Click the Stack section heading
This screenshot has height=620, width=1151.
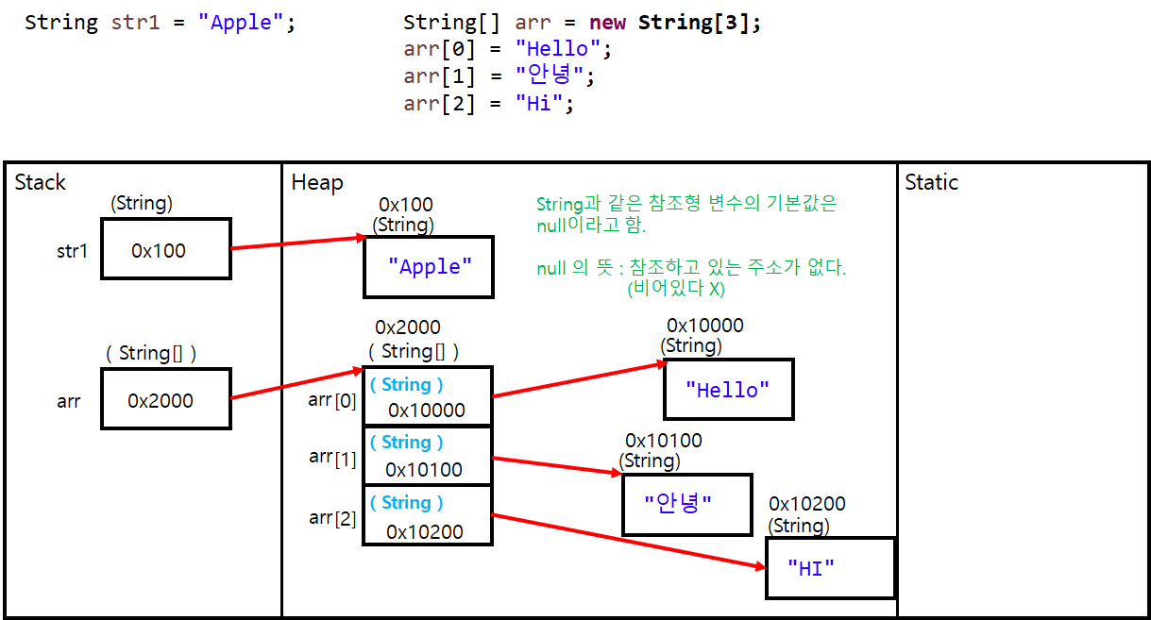[x=41, y=182]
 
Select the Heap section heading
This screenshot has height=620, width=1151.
[x=317, y=182]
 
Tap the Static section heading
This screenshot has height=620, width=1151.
[x=931, y=182]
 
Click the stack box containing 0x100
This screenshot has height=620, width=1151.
[x=165, y=250]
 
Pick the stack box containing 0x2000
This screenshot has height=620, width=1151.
[x=165, y=400]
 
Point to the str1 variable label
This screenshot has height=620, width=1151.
[x=72, y=251]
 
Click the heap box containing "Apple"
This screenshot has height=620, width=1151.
[x=429, y=267]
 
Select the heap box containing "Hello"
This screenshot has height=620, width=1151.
[x=728, y=389]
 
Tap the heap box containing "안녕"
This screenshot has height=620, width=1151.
[x=686, y=504]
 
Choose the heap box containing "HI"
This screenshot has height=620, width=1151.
[x=829, y=567]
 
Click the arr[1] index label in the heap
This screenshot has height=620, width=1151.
[x=332, y=459]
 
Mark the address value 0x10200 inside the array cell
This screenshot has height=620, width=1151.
[x=425, y=532]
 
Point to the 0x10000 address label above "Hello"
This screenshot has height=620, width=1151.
[x=704, y=326]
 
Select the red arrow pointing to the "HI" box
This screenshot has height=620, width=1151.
[x=628, y=542]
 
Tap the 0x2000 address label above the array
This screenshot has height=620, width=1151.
[x=408, y=327]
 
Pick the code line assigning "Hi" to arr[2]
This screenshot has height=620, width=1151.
[x=488, y=103]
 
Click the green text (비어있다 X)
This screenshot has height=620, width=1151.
[x=675, y=290]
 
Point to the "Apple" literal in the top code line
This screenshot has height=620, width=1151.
[x=241, y=23]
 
